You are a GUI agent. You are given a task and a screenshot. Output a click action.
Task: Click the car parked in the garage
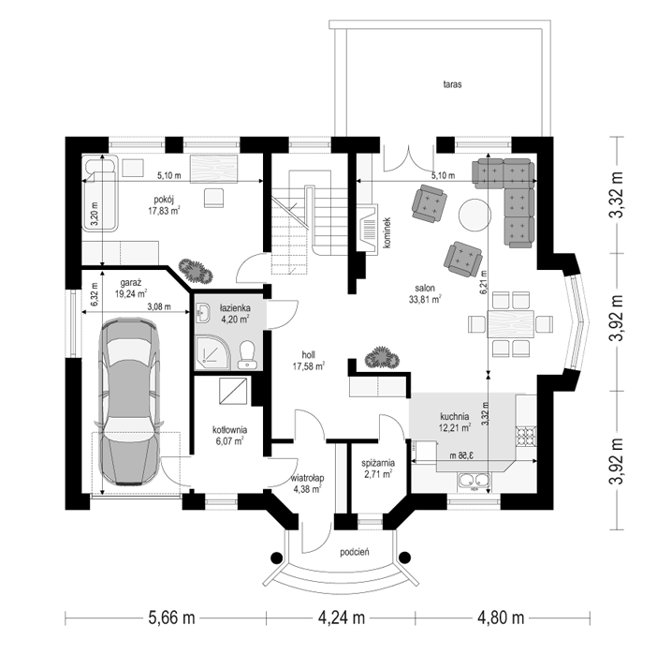point(128,402)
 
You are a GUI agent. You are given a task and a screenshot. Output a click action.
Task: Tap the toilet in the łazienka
point(246,355)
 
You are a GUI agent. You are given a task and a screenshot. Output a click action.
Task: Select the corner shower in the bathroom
point(213,353)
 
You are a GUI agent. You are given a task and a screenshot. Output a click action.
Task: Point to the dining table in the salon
point(510,324)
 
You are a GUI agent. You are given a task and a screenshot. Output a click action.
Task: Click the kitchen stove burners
point(526,436)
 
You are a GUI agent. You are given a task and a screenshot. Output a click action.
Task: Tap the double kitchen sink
point(474,482)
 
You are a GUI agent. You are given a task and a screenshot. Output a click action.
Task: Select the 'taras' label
point(453,84)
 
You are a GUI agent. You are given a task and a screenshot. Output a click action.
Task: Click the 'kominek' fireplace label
point(387,232)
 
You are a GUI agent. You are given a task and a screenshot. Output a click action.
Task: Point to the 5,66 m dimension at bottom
point(172,618)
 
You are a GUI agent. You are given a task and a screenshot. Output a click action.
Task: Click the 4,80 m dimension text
point(501,618)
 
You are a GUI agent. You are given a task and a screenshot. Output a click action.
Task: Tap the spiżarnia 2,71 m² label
point(378,469)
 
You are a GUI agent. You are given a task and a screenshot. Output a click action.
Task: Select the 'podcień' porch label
point(355,552)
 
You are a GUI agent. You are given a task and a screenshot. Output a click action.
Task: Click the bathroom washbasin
point(203,313)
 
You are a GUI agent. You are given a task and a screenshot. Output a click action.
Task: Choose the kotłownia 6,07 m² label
point(229,436)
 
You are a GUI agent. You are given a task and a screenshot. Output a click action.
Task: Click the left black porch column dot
point(276,558)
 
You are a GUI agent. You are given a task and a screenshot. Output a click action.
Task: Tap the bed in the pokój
point(100,194)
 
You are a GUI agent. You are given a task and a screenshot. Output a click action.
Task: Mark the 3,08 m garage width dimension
point(159,306)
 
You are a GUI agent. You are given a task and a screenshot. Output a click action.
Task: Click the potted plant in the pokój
point(196,271)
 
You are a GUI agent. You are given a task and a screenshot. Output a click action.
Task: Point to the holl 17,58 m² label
point(309,361)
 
